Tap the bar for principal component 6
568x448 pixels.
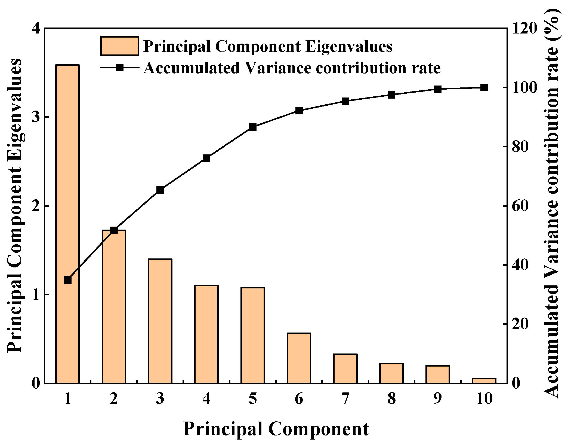[299, 358]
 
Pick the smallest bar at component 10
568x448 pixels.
[484, 380]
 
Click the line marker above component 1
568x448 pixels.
[67, 280]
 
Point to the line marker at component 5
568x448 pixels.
[253, 127]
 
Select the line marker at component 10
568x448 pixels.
[484, 88]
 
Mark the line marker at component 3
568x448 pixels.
[160, 190]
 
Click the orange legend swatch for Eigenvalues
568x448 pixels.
[119, 46]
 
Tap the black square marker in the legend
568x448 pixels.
[119, 67]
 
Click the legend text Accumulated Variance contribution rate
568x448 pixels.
[292, 68]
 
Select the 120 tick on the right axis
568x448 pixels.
[525, 29]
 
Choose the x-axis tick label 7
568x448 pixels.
[345, 399]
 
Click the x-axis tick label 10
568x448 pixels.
[484, 399]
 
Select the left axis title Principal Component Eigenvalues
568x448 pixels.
[14, 206]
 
